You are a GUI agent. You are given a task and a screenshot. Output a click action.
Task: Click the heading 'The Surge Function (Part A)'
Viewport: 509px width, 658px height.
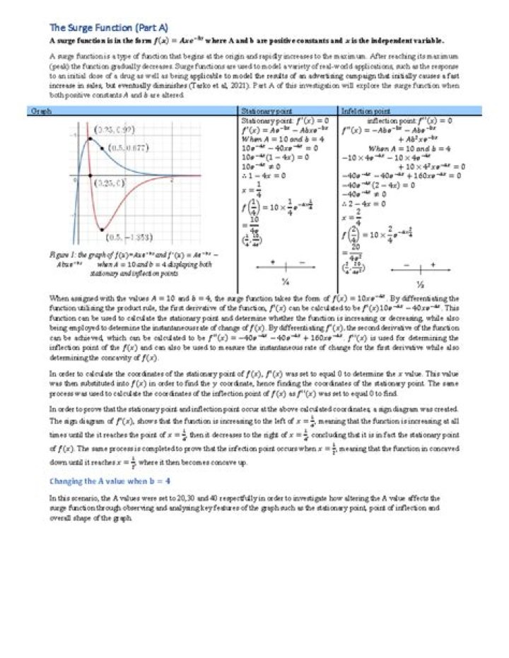[108, 28]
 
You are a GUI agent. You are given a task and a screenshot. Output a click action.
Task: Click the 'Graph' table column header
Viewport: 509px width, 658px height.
[41, 111]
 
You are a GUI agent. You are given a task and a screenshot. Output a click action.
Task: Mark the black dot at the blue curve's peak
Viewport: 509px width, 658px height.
[89, 139]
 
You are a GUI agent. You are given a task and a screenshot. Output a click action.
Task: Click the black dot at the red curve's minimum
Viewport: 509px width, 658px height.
[103, 230]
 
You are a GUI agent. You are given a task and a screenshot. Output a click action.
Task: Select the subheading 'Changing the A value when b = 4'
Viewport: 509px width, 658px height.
[110, 481]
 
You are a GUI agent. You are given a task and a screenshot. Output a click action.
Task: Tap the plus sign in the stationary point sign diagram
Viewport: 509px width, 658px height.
[272, 262]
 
